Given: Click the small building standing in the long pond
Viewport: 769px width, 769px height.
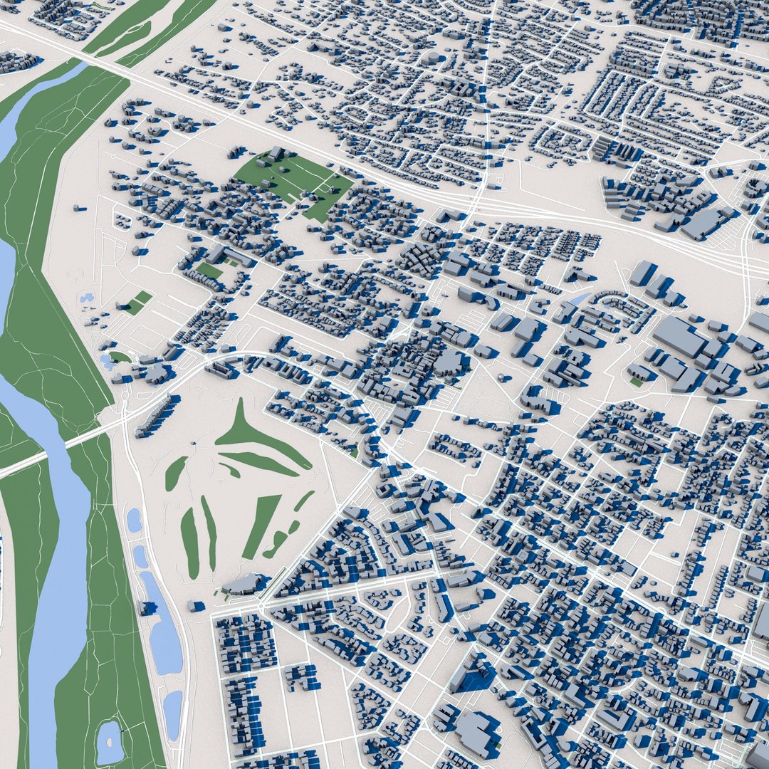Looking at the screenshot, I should tap(149, 607).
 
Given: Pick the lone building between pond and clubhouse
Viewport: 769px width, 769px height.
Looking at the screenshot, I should tap(197, 606).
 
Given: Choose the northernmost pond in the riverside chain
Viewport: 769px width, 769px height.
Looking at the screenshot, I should tap(133, 520).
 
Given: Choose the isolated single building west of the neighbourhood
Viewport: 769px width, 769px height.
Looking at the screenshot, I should tap(78, 209).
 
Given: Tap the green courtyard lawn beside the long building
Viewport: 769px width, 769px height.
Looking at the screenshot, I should tap(209, 271).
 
